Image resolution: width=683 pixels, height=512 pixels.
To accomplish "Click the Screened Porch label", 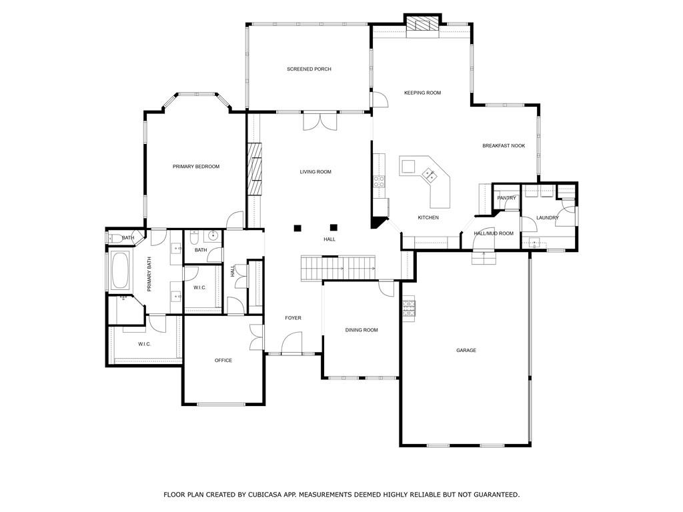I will [x=309, y=69].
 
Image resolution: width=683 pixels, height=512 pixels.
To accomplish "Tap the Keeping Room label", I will [x=422, y=93].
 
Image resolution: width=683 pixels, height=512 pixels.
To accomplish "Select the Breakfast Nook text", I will [x=504, y=146].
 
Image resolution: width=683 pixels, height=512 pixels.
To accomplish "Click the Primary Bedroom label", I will [x=196, y=167].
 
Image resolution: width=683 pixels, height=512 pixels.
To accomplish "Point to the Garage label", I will [x=466, y=351].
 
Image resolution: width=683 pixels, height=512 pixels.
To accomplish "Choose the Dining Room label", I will [x=362, y=330].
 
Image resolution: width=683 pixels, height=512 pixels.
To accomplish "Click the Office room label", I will [x=223, y=361].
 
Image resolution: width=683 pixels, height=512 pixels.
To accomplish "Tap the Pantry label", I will [x=507, y=198].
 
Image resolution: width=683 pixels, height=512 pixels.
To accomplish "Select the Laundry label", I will [x=547, y=217].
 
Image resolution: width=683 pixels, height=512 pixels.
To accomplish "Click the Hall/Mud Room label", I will [x=494, y=233].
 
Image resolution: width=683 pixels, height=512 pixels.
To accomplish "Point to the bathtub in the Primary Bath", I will [x=121, y=270].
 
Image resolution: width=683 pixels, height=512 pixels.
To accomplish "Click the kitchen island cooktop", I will [x=430, y=176].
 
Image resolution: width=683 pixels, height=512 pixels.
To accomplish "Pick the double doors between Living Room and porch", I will [x=319, y=121].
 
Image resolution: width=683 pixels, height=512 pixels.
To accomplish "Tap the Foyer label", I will [x=293, y=318].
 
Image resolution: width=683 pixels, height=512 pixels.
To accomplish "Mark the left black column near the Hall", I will [x=297, y=228].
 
